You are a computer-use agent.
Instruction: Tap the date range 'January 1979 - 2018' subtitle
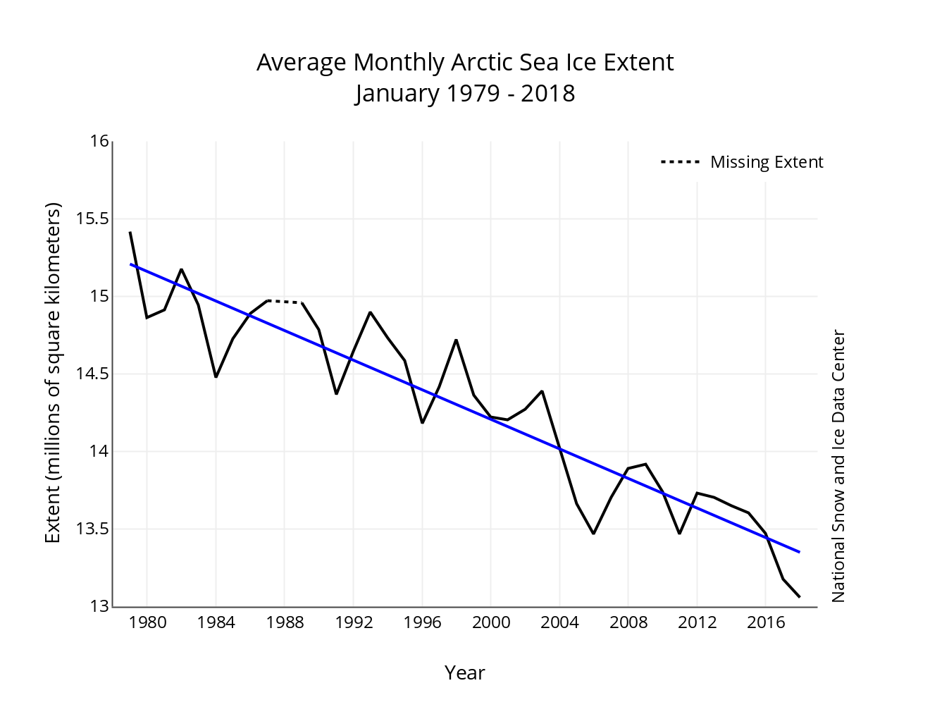[465, 93]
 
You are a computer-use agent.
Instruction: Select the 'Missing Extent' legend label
[767, 162]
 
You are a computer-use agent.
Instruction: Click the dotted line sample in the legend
[680, 162]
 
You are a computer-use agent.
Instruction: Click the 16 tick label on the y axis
[99, 141]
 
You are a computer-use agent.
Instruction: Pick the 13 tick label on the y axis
[99, 606]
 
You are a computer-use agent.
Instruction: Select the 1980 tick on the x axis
[147, 622]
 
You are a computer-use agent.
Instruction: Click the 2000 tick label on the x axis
[491, 622]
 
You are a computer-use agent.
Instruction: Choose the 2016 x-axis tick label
[766, 622]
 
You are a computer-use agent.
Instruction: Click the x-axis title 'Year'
[464, 672]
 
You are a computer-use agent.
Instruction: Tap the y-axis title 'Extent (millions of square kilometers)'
[53, 373]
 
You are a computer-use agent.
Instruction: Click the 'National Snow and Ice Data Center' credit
[838, 466]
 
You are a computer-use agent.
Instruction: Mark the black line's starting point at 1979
[130, 232]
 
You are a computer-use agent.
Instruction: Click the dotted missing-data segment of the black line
[285, 302]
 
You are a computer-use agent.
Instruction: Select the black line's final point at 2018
[800, 597]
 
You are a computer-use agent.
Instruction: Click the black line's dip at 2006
[594, 533]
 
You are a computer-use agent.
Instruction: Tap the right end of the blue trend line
[799, 552]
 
